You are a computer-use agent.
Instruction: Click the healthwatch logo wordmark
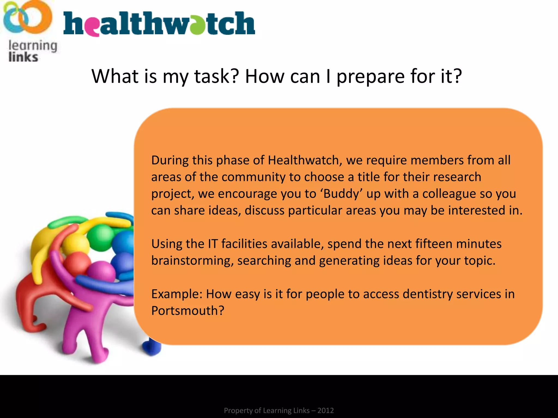click(159, 24)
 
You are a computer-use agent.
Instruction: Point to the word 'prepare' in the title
click(371, 77)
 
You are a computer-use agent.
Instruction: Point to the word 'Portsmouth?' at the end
click(188, 311)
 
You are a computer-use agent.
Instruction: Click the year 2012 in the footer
click(326, 410)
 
